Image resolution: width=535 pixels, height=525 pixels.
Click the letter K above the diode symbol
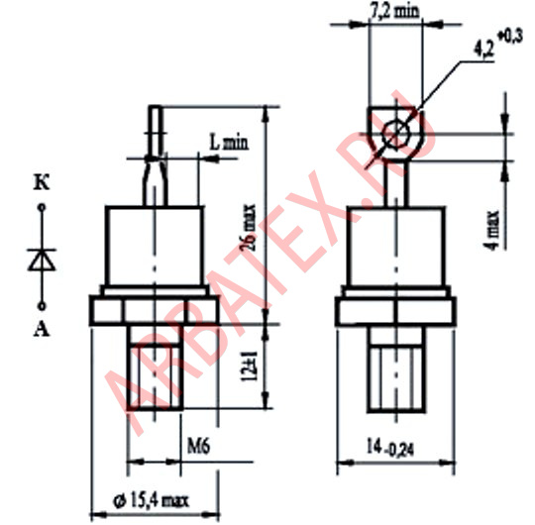pyautogui.click(x=42, y=183)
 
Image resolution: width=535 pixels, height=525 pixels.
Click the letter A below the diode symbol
pyautogui.click(x=42, y=329)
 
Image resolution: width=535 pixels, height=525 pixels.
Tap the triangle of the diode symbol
pyautogui.click(x=42, y=261)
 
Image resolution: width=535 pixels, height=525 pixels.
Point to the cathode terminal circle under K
pyautogui.click(x=42, y=207)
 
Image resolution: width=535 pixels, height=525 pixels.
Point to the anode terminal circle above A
pyautogui.click(x=42, y=306)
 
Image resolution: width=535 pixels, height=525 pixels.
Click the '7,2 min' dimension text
pyautogui.click(x=394, y=11)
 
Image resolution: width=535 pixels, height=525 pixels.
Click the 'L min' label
pyautogui.click(x=229, y=143)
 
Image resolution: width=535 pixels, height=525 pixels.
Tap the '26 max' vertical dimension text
pyautogui.click(x=248, y=227)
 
